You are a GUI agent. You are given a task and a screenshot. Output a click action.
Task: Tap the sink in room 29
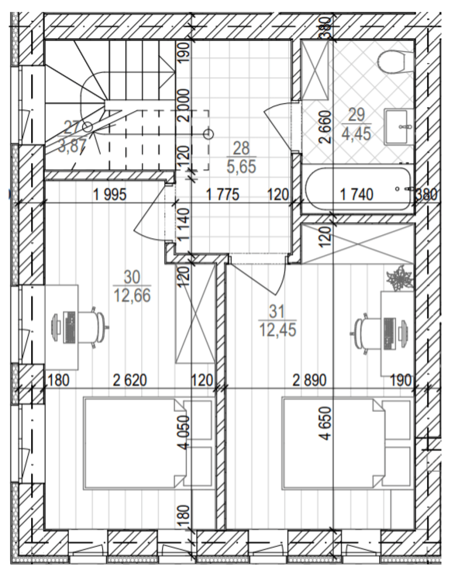(399, 127)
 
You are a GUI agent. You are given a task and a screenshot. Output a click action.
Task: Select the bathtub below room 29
(358, 189)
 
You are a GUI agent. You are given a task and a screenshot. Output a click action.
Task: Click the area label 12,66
(132, 296)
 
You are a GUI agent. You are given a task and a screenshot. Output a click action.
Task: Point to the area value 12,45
(278, 329)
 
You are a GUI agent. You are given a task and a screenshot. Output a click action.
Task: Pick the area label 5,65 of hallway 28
(242, 166)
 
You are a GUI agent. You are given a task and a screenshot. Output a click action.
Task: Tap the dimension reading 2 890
(309, 380)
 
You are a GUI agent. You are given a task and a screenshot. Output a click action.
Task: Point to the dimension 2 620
(130, 380)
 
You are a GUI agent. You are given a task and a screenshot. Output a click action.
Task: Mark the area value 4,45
(357, 133)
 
